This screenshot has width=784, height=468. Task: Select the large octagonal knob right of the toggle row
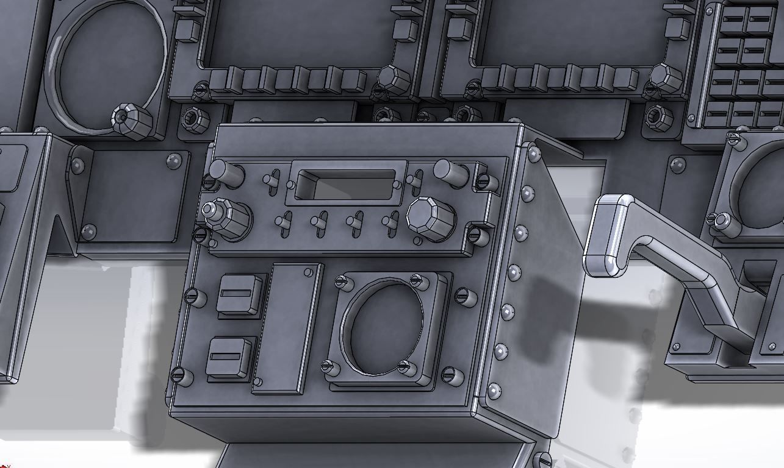pos(431,218)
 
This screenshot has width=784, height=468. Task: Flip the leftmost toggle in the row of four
pos(282,225)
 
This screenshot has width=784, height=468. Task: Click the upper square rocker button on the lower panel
pos(240,295)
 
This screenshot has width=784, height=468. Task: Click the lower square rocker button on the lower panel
pos(230,358)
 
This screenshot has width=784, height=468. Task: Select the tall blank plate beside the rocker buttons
pos(288,329)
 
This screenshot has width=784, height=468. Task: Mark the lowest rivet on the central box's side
pos(493,391)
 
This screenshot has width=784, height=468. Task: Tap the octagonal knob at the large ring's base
pos(132,119)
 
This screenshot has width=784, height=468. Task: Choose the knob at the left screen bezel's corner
pos(394,80)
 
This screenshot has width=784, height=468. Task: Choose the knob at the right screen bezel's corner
pos(665,79)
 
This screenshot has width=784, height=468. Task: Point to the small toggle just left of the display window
pos(272,180)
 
